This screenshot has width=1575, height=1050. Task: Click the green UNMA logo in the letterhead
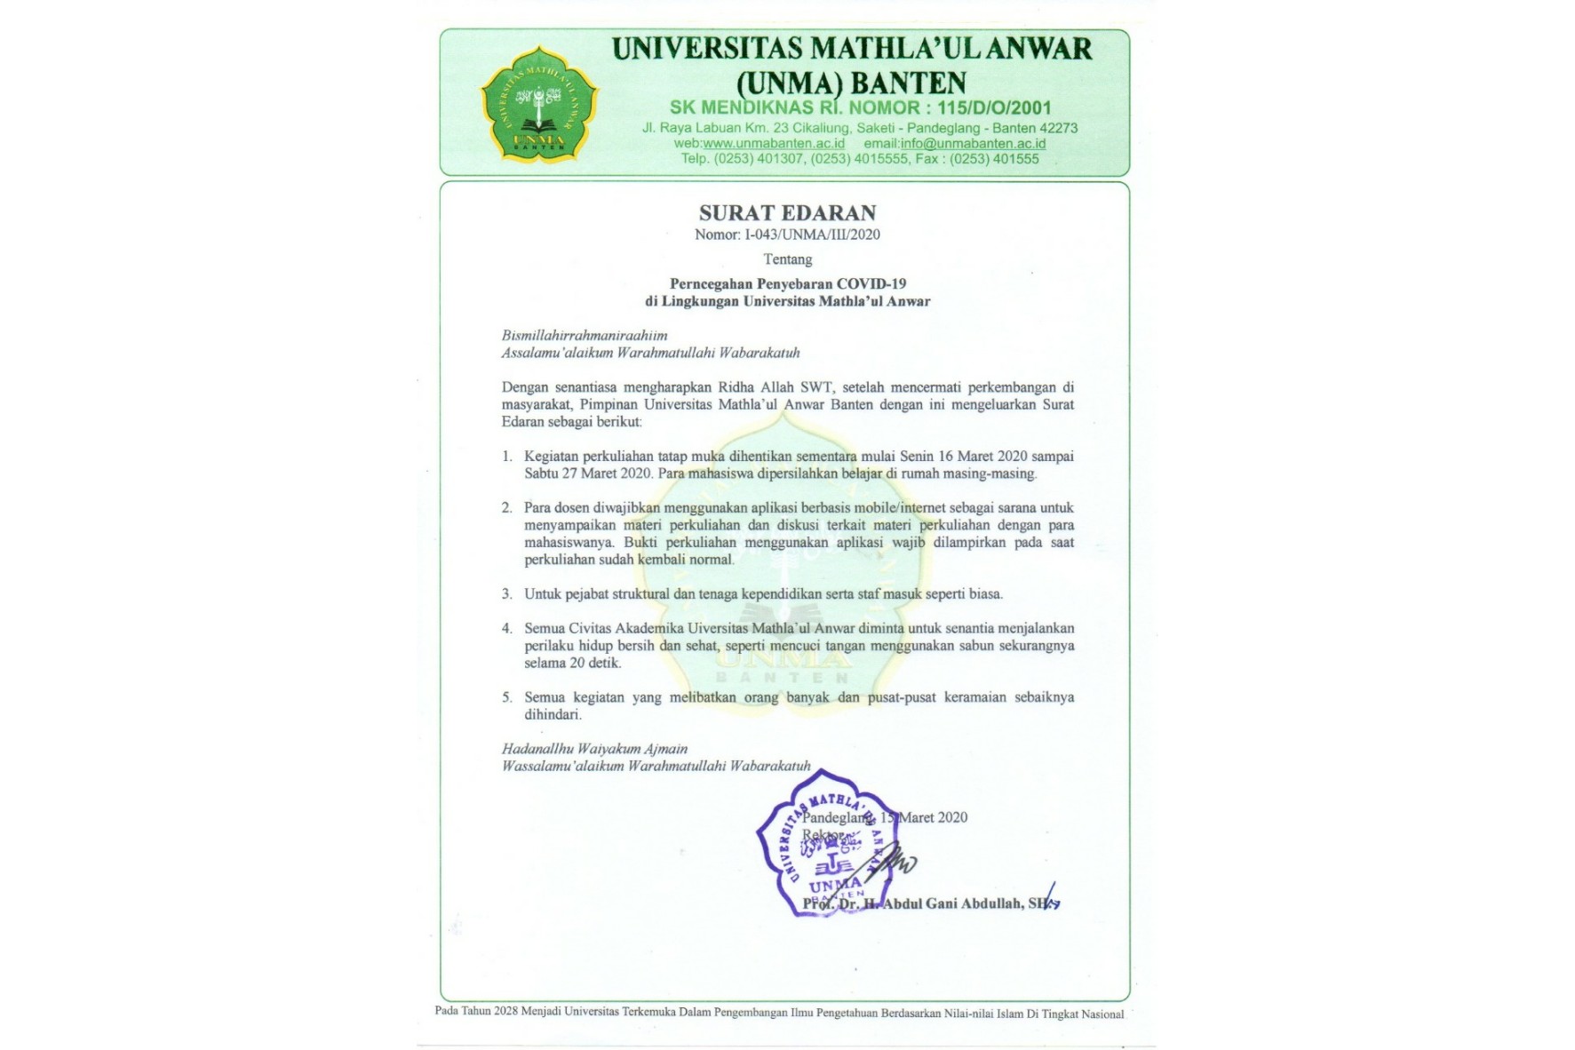point(539,104)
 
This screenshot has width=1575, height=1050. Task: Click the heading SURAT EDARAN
point(787,213)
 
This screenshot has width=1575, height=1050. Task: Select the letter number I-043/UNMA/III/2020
point(812,235)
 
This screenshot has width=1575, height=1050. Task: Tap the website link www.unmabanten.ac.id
point(774,143)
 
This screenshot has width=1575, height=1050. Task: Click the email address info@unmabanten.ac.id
point(973,143)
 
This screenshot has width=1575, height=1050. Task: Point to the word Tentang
point(787,259)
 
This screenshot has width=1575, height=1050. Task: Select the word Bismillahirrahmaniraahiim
point(585,336)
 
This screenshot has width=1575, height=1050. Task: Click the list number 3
point(507,594)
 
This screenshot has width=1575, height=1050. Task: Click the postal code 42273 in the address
point(1058,128)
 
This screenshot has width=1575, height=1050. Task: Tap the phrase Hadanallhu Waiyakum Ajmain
point(594,749)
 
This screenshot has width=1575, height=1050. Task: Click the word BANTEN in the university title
point(908,83)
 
